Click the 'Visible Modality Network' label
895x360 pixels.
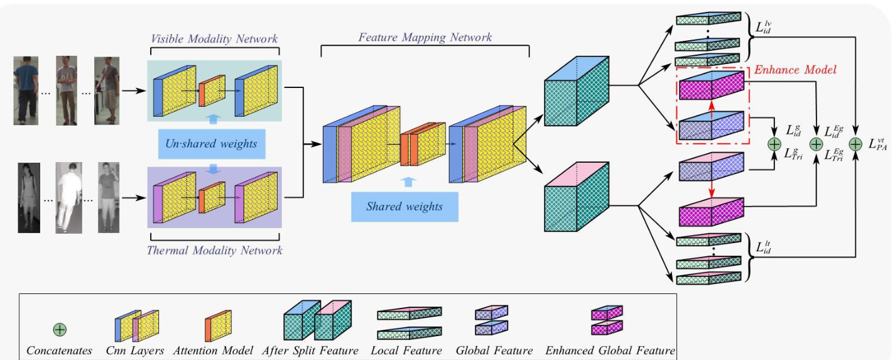pos(214,39)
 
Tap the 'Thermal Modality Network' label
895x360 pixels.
pos(214,251)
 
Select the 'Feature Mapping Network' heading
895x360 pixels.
pos(425,37)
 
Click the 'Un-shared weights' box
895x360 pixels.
pos(211,143)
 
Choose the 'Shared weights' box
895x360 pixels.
pos(404,206)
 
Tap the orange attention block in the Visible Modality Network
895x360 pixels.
pos(212,91)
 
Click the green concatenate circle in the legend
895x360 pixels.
pos(60,329)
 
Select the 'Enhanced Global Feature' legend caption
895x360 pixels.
pos(610,351)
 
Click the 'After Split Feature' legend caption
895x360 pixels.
pos(310,351)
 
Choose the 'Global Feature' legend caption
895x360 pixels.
pos(494,351)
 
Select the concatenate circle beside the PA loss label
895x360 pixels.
pos(855,144)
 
